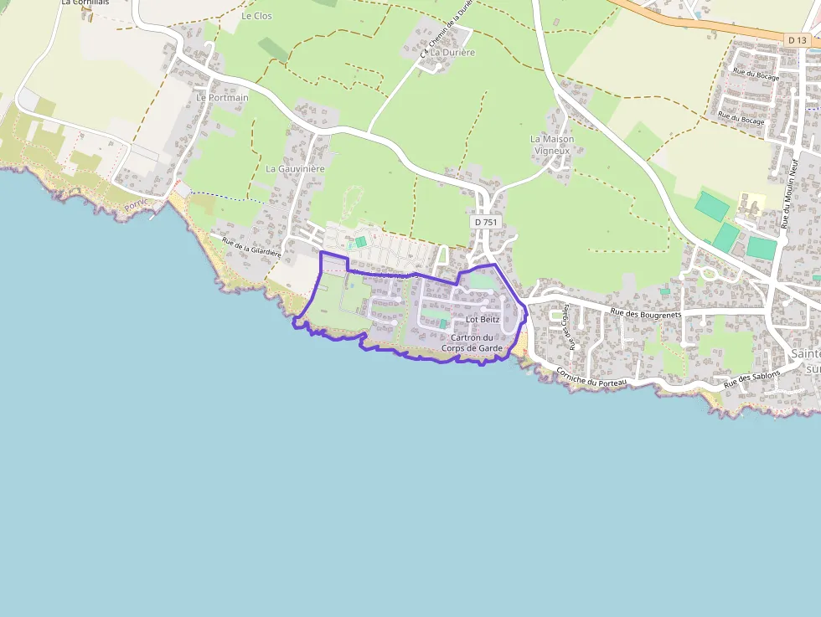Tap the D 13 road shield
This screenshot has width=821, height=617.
point(798,39)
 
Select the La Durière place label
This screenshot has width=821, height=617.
point(452,52)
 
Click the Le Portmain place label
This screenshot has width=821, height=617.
point(222,97)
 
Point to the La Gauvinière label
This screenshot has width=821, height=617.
point(295,168)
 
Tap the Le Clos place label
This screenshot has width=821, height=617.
point(256,16)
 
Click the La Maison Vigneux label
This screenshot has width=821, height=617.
point(551,144)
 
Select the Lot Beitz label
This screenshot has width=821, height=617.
point(482,319)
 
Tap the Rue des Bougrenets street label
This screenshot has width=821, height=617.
point(646,313)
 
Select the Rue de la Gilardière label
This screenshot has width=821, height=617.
point(251,246)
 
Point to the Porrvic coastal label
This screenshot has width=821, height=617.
point(135,204)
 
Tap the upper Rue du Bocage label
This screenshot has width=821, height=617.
point(756,77)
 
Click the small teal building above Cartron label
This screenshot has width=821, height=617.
point(443,323)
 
